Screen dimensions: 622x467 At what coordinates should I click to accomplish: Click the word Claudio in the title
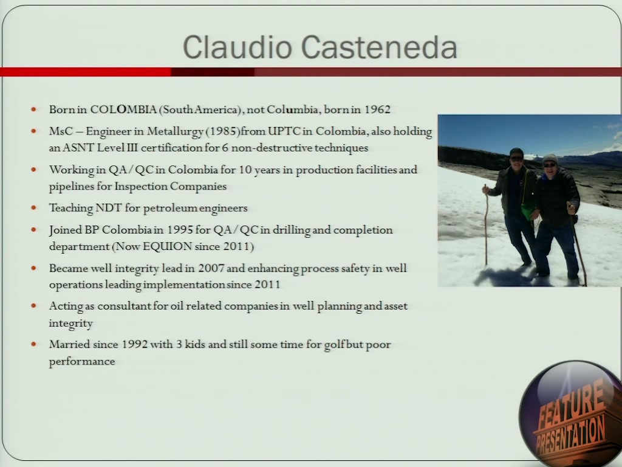tap(238, 47)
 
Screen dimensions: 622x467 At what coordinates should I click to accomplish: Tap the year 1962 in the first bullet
tap(377, 109)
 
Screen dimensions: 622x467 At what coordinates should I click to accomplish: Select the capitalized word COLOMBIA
tap(123, 109)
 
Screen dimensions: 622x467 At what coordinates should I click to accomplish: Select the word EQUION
tap(168, 247)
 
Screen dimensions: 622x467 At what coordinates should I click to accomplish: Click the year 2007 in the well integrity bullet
tap(211, 268)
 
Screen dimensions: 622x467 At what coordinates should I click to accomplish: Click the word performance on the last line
tap(82, 362)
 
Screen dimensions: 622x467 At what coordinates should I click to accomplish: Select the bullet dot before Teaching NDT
tap(34, 207)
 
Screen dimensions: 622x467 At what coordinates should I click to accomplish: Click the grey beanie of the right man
tap(550, 159)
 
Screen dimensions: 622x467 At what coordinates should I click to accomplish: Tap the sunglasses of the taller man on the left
tap(516, 159)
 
